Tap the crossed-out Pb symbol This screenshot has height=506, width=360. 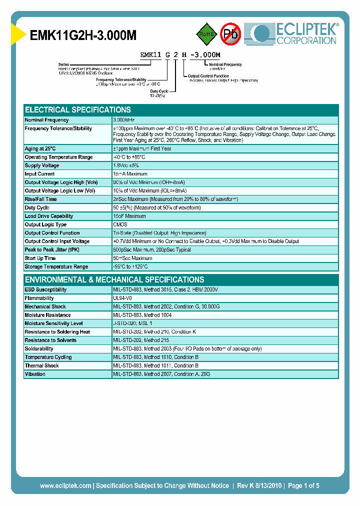click(230, 34)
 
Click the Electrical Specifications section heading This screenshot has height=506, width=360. click(78, 110)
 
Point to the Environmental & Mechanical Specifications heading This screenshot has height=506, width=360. click(114, 280)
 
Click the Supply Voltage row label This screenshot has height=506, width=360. click(42, 165)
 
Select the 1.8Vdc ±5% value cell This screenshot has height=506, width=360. click(127, 165)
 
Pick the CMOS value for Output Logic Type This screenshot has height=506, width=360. click(120, 224)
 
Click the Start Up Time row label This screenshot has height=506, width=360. click(40, 258)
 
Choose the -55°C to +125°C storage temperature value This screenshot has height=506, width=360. click(130, 266)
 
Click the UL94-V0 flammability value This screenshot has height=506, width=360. click(123, 298)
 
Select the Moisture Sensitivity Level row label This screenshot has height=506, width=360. click(53, 323)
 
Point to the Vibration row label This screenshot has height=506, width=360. click(35, 374)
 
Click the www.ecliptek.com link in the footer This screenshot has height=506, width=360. click(65, 485)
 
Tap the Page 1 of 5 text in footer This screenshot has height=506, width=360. click(303, 485)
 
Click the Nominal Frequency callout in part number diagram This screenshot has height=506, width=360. click(225, 65)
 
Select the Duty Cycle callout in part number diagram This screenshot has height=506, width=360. click(159, 91)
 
